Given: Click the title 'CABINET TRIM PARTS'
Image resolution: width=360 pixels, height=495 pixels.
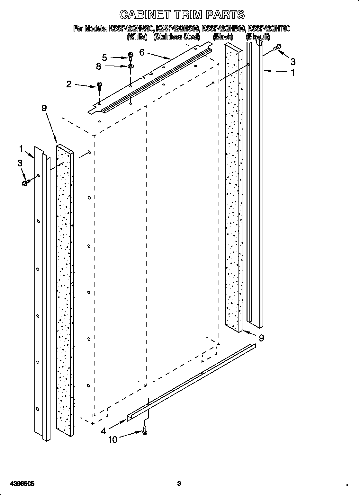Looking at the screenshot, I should (182, 15).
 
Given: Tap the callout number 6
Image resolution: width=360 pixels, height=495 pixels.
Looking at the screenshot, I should (142, 52).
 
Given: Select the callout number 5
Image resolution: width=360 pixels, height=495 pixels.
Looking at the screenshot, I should (104, 57).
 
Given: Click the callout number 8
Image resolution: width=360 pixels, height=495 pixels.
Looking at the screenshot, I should (98, 66).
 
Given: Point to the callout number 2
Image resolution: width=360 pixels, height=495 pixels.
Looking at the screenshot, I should (69, 84).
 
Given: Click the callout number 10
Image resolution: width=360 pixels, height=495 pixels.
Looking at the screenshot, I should (113, 439).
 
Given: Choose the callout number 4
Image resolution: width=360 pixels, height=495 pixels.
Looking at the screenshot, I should (103, 431).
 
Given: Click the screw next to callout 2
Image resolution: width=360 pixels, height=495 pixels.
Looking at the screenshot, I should (100, 86).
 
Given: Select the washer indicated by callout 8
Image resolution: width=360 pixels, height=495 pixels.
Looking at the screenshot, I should (130, 67).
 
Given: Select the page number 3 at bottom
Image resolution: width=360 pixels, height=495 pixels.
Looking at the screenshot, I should (179, 474).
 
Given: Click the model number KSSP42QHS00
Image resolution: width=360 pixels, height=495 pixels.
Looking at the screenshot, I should (178, 29).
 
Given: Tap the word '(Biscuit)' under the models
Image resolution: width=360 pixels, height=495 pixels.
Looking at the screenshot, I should (258, 37).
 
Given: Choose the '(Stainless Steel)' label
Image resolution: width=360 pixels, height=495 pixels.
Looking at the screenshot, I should (177, 37).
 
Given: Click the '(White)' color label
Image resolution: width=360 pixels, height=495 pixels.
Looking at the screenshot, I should (137, 37).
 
